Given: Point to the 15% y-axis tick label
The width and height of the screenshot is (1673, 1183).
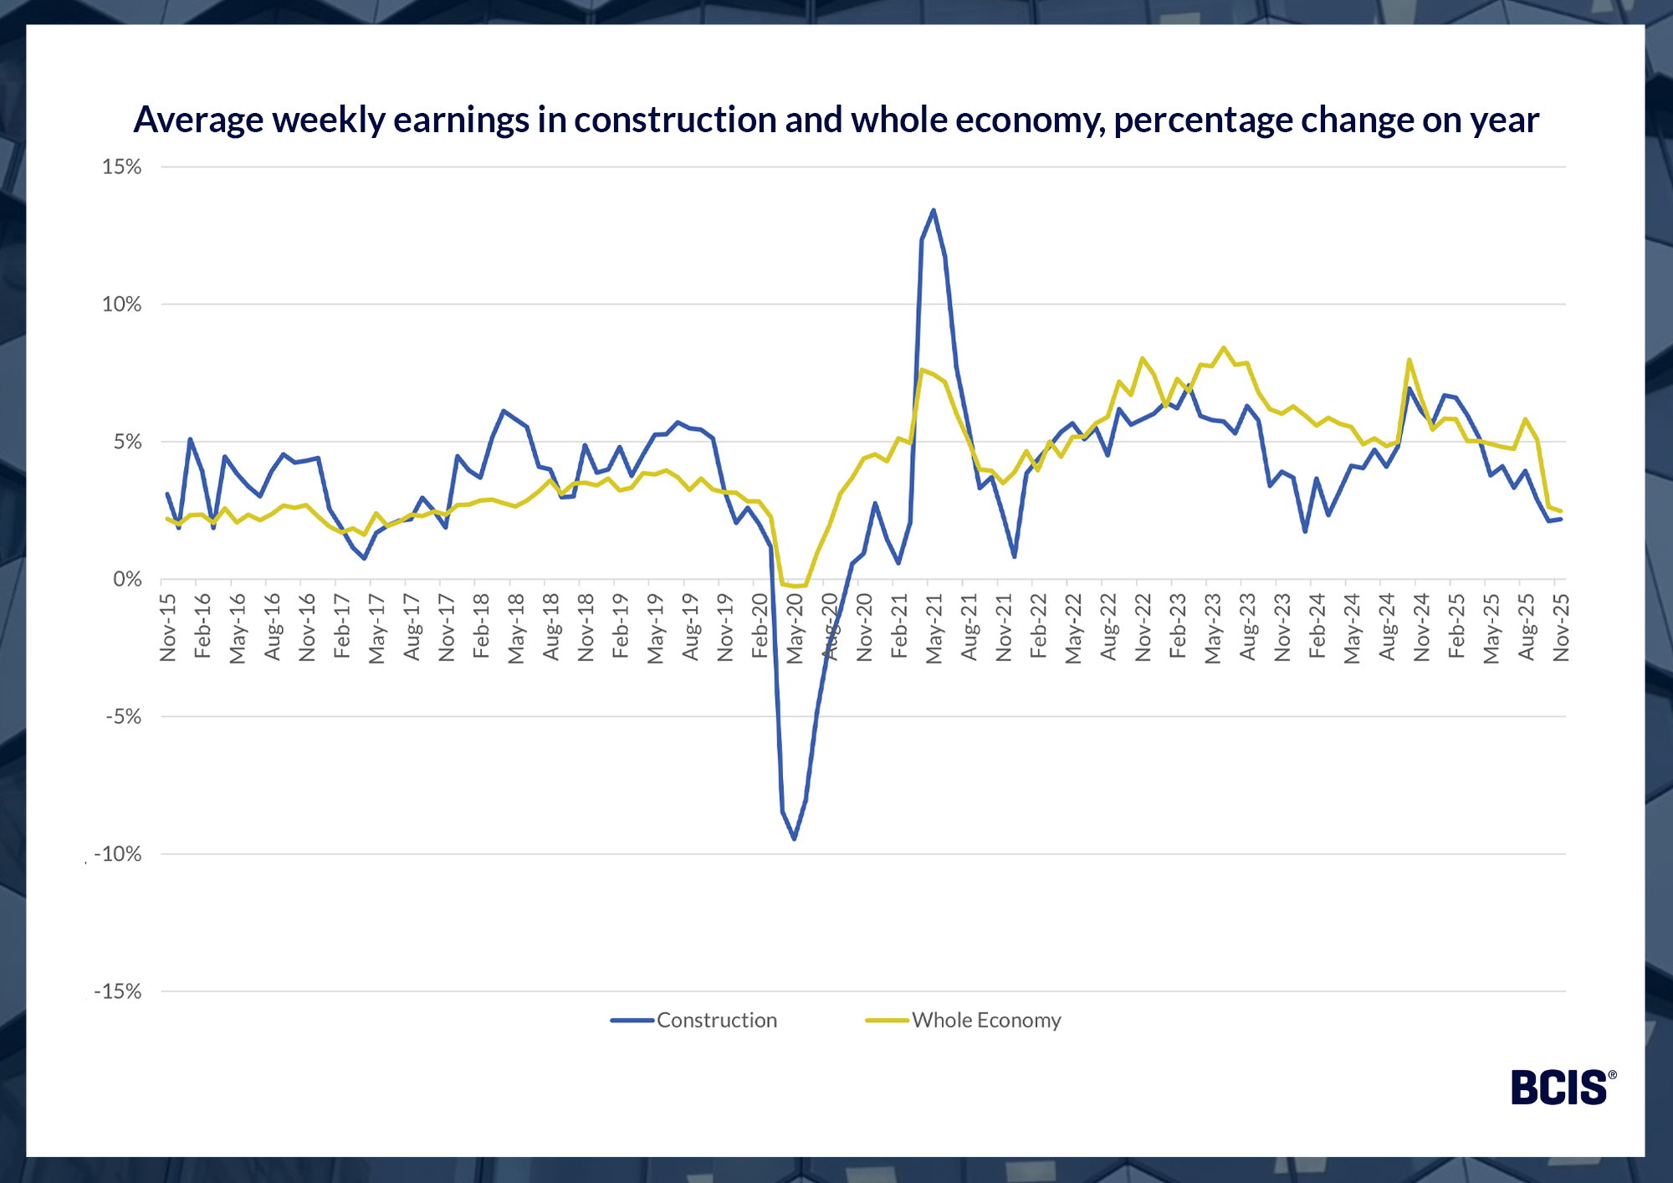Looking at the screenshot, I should point(122,166).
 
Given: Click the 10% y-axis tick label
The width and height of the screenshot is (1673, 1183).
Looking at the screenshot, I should point(122,305).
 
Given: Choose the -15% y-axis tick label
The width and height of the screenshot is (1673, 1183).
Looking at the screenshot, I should point(118,991).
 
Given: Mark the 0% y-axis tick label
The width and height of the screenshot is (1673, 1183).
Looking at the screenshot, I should point(128,579).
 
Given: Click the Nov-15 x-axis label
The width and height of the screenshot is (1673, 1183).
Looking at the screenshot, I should point(168,627).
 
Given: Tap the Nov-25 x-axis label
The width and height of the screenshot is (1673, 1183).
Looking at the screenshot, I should point(1561,627).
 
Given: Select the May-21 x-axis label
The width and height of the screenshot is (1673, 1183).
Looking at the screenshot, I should point(934,628).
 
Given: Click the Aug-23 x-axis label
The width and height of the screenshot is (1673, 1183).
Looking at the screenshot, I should point(1248,627).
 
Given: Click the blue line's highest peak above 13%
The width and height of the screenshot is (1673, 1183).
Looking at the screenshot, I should point(934,210).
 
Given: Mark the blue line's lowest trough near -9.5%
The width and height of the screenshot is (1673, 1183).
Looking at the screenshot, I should point(794,838).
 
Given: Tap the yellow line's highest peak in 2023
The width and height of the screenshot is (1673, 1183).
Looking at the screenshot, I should point(1224,347).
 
